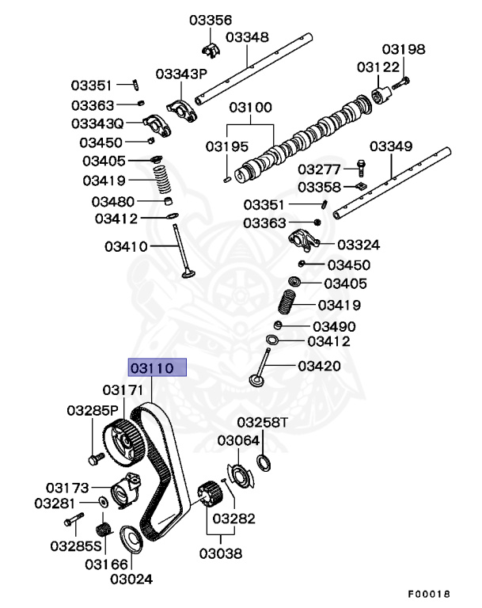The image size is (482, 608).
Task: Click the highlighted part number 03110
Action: pyautogui.click(x=157, y=368)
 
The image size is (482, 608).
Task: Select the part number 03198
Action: pyautogui.click(x=404, y=49)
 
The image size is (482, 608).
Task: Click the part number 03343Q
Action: pyautogui.click(x=97, y=123)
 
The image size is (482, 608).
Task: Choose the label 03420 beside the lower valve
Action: pyautogui.click(x=320, y=366)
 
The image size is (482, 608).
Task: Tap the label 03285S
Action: pyautogui.click(x=76, y=545)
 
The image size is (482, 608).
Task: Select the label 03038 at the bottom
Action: pyautogui.click(x=220, y=553)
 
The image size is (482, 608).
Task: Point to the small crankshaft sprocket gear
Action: pyautogui.click(x=208, y=496)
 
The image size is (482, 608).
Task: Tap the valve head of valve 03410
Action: pyautogui.click(x=188, y=274)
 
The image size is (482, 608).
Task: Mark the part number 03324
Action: pyautogui.click(x=358, y=245)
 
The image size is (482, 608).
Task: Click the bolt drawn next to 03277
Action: pyautogui.click(x=361, y=168)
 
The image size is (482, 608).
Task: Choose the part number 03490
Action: pyautogui.click(x=333, y=326)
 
